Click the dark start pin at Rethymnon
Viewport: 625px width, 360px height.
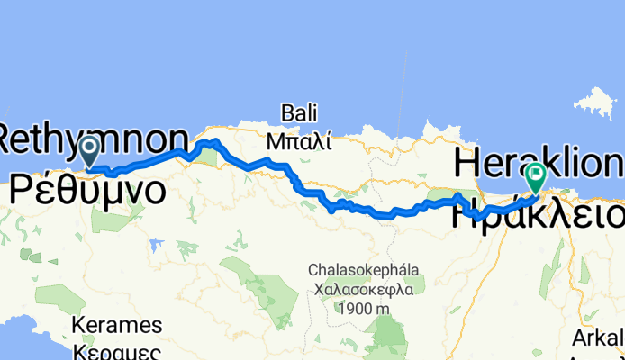[90, 150]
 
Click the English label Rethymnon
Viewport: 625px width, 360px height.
[90, 139]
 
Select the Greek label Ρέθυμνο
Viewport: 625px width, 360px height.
[87, 191]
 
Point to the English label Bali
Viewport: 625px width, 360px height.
[300, 113]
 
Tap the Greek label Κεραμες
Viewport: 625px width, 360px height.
[119, 349]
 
